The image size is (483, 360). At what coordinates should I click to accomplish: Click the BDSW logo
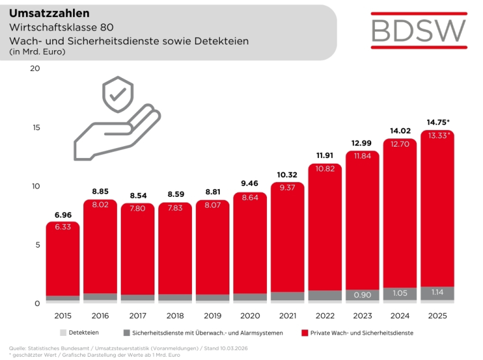(419, 30)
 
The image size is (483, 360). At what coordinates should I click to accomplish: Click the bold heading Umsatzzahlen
(49, 13)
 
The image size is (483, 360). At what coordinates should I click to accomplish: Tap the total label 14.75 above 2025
(437, 122)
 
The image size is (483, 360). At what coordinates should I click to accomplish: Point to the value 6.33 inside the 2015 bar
(62, 227)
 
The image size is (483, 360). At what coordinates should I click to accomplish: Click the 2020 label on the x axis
(250, 316)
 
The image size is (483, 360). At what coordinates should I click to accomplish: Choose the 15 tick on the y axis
(36, 128)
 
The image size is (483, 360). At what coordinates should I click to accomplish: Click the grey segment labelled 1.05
(400, 293)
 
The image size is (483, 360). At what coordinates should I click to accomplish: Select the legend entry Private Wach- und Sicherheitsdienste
(359, 333)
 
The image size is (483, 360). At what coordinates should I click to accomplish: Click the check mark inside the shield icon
(118, 95)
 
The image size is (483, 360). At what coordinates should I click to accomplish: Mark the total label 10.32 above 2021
(287, 175)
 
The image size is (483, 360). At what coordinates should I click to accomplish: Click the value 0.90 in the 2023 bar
(362, 295)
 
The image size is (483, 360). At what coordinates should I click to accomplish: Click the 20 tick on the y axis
(36, 69)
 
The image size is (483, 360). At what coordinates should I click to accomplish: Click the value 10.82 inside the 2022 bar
(325, 170)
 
